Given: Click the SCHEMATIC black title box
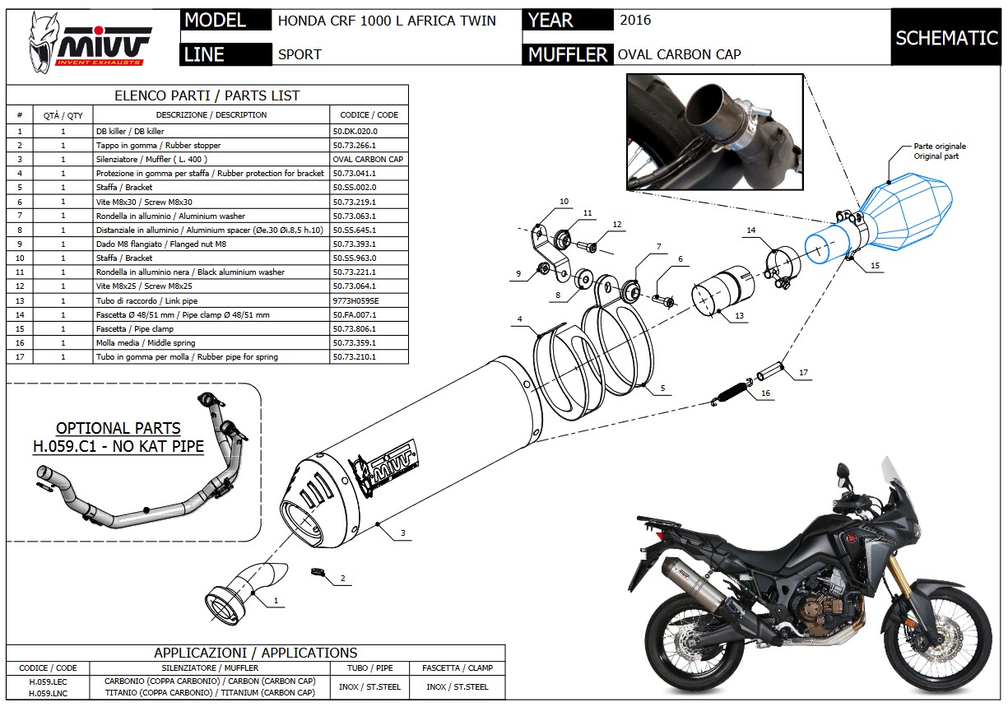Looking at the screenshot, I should click(x=946, y=38).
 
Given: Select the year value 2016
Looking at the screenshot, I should click(x=635, y=20).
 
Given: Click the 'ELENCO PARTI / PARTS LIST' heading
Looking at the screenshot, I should click(x=207, y=95).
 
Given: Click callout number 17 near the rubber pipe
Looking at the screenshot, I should click(x=803, y=373).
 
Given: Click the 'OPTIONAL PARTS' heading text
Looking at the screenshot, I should click(x=118, y=429).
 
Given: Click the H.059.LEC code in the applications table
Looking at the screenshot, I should click(x=48, y=681).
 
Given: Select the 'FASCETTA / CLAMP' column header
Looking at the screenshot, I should click(x=457, y=667).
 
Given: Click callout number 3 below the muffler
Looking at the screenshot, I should click(x=403, y=533).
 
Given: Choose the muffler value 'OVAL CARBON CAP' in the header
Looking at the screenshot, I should click(x=679, y=54).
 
